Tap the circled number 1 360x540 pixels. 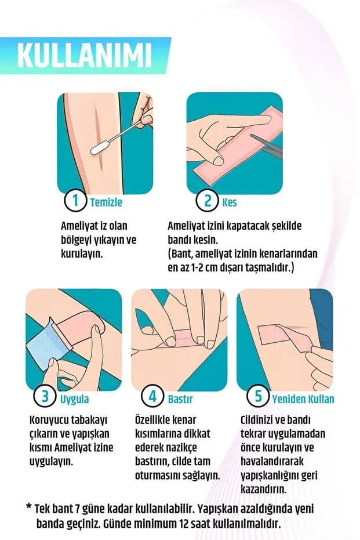[x=75, y=202]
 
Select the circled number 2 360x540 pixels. [x=206, y=202]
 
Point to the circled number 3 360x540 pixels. [x=45, y=398]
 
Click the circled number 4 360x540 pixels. [x=152, y=398]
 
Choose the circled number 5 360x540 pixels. [x=258, y=398]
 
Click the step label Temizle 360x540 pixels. [x=106, y=203]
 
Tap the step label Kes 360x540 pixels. [x=229, y=203]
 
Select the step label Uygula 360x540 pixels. [x=74, y=400]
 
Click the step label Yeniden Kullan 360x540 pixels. [x=303, y=400]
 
